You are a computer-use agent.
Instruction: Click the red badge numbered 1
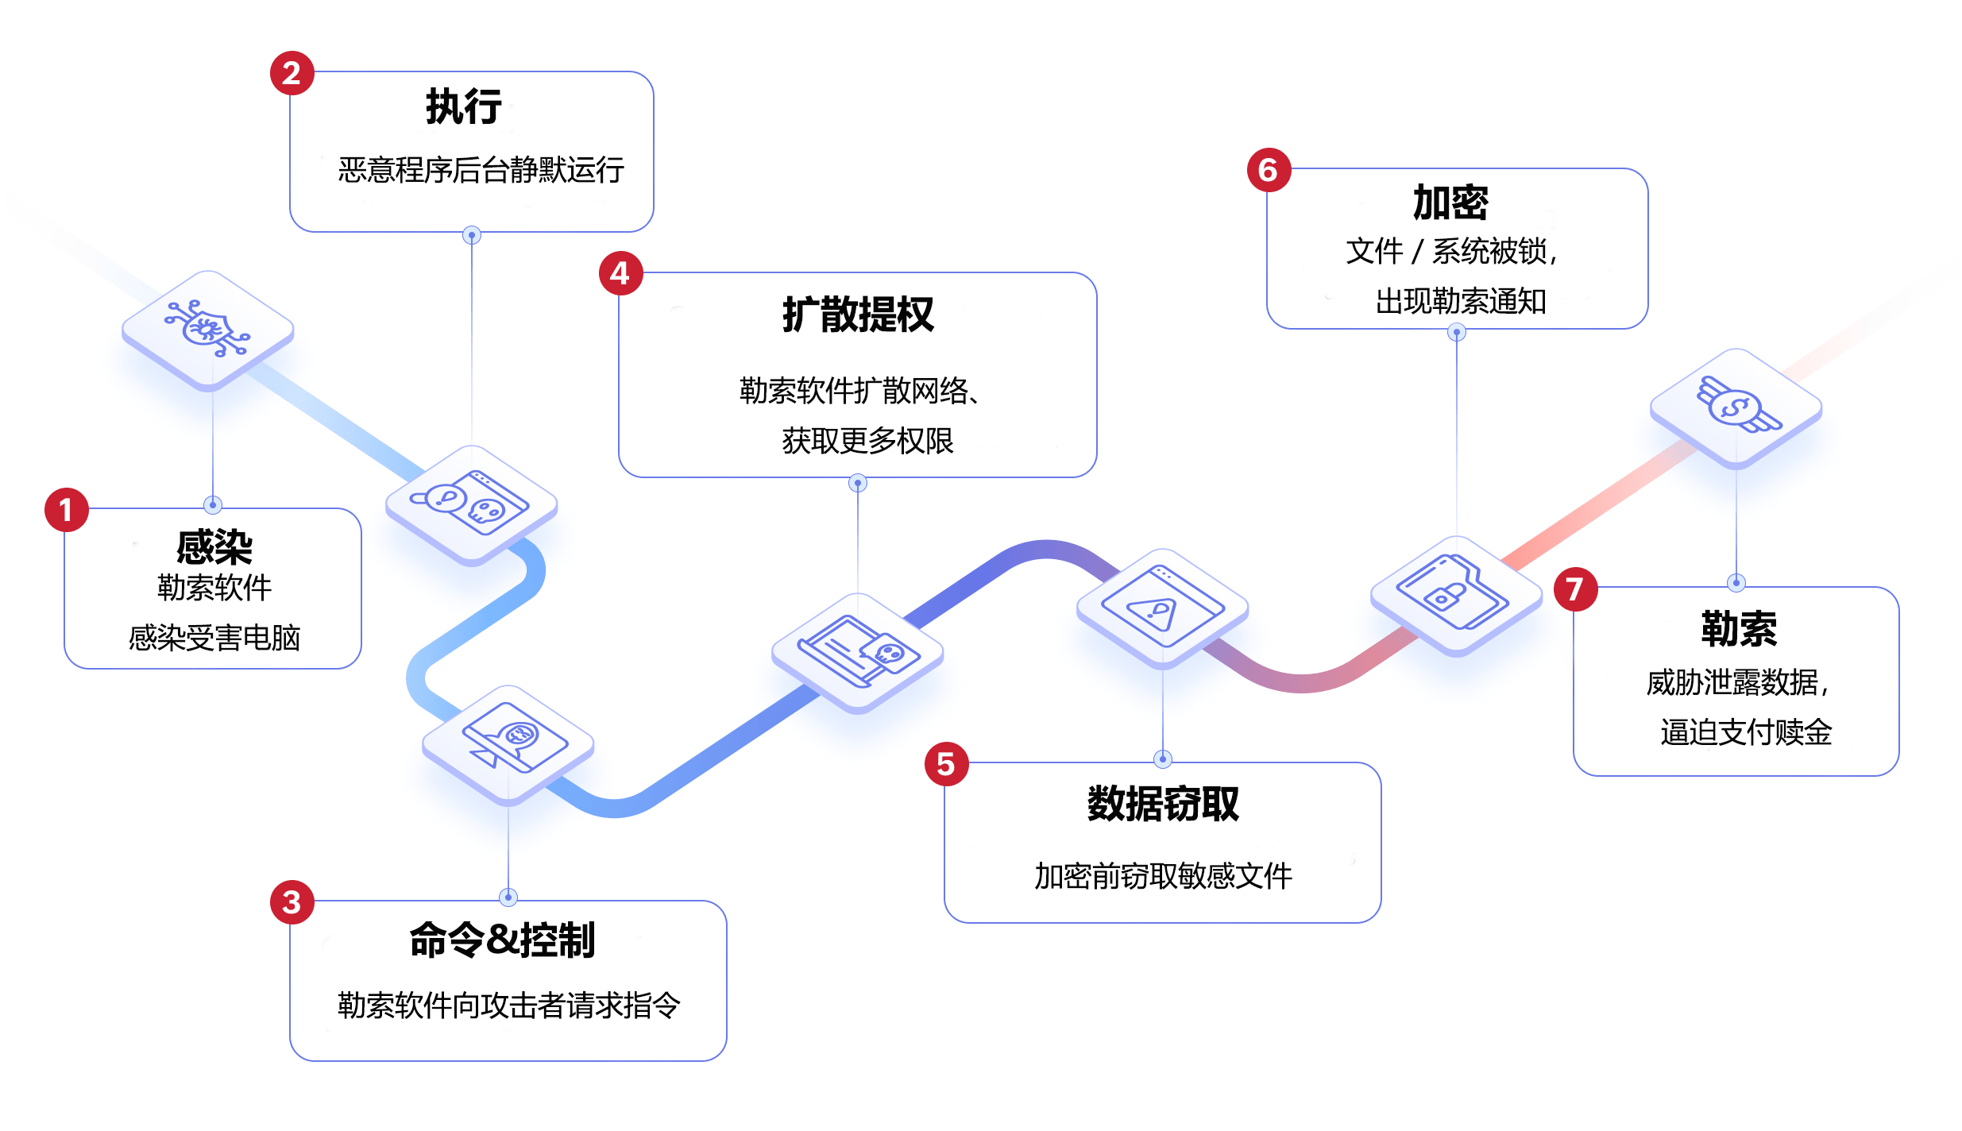[66, 510]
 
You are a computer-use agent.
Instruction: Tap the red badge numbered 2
[292, 73]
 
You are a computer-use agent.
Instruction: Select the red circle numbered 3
[292, 902]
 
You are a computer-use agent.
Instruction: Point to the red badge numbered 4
[620, 274]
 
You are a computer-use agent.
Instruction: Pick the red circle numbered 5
[946, 764]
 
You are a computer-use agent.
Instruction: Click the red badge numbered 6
[1269, 170]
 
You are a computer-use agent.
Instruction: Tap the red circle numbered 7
[1575, 589]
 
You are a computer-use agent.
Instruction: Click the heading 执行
[464, 106]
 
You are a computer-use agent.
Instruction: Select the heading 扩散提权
[858, 315]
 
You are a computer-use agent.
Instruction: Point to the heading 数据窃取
[1163, 804]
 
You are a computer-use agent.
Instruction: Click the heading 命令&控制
[502, 940]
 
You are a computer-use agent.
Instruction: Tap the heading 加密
[1450, 203]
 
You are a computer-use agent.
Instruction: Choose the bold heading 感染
[214, 546]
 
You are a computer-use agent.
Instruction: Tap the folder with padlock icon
[1453, 593]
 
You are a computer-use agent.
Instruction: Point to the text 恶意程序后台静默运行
[481, 170]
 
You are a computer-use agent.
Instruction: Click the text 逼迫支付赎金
[1745, 731]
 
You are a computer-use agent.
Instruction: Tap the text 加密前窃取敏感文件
[1163, 875]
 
